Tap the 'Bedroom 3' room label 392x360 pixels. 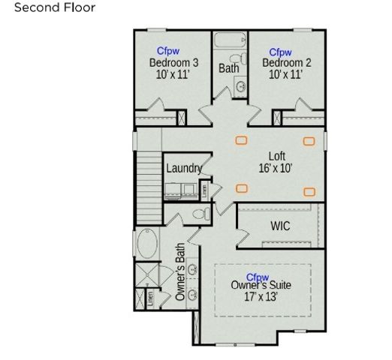tap(173, 63)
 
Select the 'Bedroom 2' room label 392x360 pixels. tap(285, 63)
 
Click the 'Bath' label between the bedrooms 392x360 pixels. tap(229, 68)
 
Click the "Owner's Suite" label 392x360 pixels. tap(261, 285)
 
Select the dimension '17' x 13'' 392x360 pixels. tap(261, 297)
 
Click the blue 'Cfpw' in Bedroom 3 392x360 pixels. tap(168, 51)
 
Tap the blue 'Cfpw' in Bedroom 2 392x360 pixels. tap(280, 52)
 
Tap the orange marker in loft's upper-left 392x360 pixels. tap(242, 139)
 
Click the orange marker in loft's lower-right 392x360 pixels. tap(309, 191)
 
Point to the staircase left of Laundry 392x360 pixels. tap(152, 181)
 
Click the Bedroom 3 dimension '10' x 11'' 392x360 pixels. tap(173, 75)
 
